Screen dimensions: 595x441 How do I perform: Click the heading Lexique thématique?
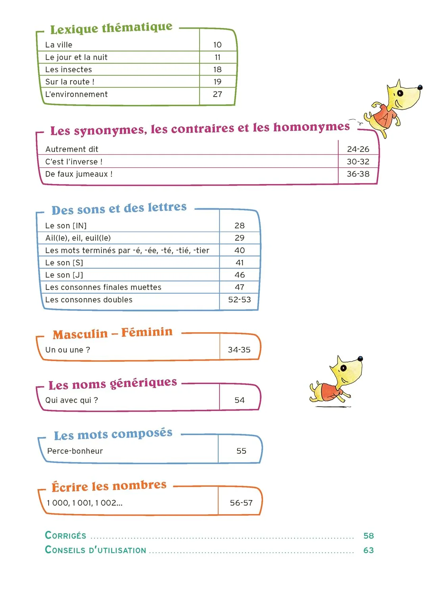coord(111,28)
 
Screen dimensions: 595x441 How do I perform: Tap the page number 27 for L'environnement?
coord(217,94)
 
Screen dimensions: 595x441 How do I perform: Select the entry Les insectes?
coord(69,70)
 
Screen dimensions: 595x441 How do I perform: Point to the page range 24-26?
coord(358,149)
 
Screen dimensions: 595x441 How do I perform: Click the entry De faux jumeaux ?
coord(79,174)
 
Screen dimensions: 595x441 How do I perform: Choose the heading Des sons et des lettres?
coord(119,209)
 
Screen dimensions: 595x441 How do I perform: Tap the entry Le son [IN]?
coord(66,226)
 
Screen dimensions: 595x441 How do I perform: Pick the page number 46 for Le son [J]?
coord(240,275)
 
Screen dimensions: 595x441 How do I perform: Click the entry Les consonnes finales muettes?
coord(103,287)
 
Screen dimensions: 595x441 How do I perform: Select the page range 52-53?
coord(240,300)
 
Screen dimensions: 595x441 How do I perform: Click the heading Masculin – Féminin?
coord(113,333)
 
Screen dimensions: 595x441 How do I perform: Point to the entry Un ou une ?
coord(68,350)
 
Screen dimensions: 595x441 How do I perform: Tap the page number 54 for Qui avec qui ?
coord(240,400)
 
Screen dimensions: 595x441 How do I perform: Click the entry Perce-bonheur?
coord(75,451)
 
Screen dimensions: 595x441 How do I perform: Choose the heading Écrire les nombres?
coord(109,486)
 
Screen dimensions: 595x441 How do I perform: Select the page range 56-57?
coord(241,503)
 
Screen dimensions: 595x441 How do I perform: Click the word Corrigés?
coord(66,535)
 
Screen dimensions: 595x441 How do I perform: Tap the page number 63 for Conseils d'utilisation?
coord(368,550)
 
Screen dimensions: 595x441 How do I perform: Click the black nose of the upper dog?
coord(420,87)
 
